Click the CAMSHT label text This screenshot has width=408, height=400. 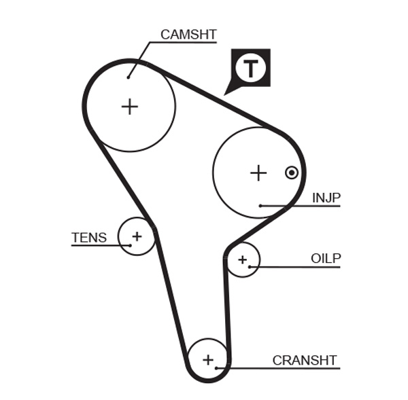click(188, 34)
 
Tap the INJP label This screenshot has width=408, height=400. click(326, 198)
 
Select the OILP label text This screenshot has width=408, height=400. click(326, 258)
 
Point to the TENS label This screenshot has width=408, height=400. click(89, 238)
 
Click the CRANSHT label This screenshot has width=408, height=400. click(305, 360)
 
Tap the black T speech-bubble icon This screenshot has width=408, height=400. click(251, 68)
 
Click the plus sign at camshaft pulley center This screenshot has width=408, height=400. click(129, 107)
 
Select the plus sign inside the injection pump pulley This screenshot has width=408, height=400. click(258, 173)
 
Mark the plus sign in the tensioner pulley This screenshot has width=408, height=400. click(137, 236)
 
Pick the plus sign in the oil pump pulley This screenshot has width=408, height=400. click(242, 259)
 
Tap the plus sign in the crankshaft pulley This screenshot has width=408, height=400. click(208, 359)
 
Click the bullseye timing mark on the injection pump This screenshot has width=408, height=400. click(292, 172)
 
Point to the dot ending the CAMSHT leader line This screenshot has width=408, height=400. click(128, 77)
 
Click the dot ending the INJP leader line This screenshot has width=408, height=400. click(260, 205)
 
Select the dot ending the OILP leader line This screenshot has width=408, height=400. click(250, 266)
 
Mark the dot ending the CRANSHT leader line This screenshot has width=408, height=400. click(216, 368)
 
